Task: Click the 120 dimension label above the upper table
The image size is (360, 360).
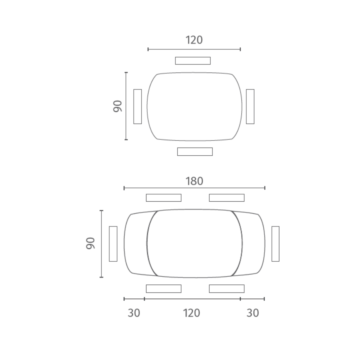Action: click(x=194, y=40)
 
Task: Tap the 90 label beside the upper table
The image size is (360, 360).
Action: click(x=118, y=106)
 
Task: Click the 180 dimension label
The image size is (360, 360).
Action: click(x=194, y=181)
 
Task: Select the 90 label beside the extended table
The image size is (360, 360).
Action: click(x=90, y=243)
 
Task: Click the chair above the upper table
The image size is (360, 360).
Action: click(x=193, y=61)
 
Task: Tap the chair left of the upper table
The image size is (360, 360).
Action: click(x=137, y=106)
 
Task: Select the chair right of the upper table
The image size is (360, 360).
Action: click(x=250, y=106)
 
